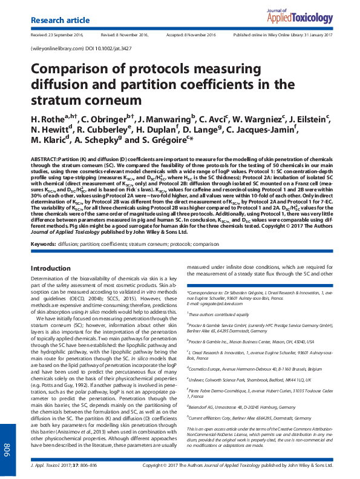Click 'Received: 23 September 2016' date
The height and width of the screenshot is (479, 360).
[x=57, y=36]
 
